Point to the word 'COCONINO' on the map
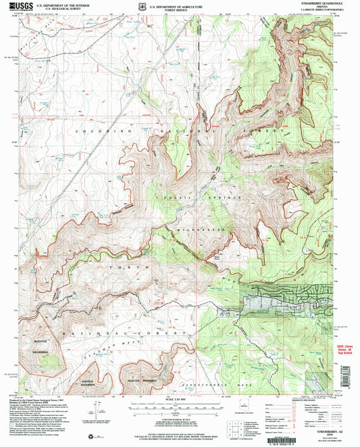95,129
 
